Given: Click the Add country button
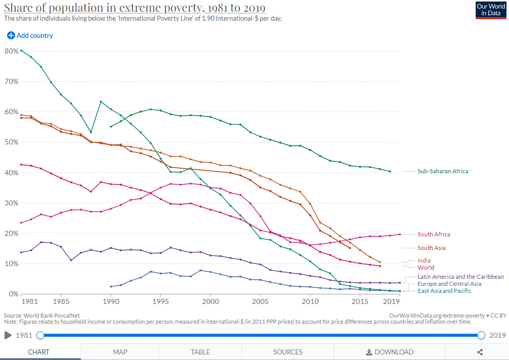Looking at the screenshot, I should (x=30, y=36).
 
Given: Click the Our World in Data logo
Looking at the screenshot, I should (x=491, y=10).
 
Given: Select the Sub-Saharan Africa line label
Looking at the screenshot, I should (x=442, y=171).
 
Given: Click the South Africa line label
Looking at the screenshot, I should (x=433, y=234).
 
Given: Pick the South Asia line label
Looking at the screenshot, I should (x=431, y=248).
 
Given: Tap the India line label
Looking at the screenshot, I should (x=424, y=261).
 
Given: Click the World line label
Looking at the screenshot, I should (x=426, y=268).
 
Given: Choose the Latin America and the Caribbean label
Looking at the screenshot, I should (x=461, y=277).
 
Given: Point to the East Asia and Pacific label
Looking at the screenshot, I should (x=444, y=291).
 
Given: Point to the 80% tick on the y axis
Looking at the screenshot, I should (x=11, y=51).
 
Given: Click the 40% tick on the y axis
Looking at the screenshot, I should (x=11, y=173).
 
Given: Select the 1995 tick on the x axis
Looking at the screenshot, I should (x=161, y=301).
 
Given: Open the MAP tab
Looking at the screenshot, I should (x=120, y=352).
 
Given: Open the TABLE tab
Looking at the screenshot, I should (x=200, y=352).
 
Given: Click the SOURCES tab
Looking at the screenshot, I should (x=288, y=352).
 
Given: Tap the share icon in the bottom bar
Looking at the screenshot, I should (x=480, y=352).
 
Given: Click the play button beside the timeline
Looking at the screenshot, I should (x=8, y=335).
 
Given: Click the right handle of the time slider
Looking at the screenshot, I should (x=481, y=335).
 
